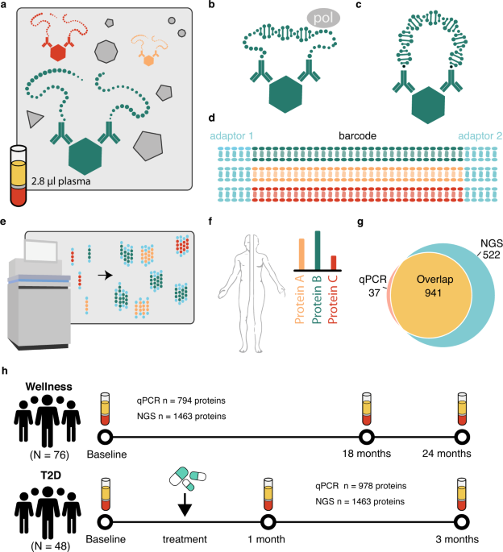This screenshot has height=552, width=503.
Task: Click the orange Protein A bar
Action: pyautogui.click(x=302, y=253)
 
